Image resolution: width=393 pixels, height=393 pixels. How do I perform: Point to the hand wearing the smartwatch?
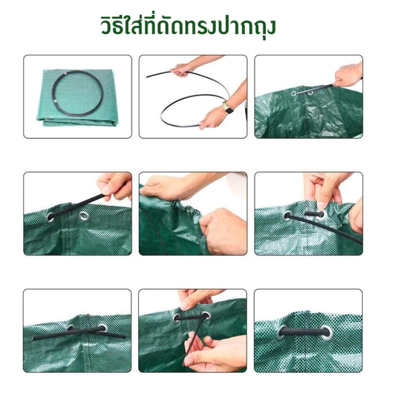(x=213, y=117)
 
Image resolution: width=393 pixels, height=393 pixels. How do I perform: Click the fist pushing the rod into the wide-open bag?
(x=348, y=75)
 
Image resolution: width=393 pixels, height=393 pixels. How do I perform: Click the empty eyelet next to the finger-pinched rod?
(x=84, y=216)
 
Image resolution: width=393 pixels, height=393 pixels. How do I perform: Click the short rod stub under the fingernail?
(x=314, y=214)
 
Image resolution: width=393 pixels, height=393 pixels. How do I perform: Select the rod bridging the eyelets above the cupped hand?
(x=192, y=317)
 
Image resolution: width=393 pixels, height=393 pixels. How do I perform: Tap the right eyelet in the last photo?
(x=326, y=332)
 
